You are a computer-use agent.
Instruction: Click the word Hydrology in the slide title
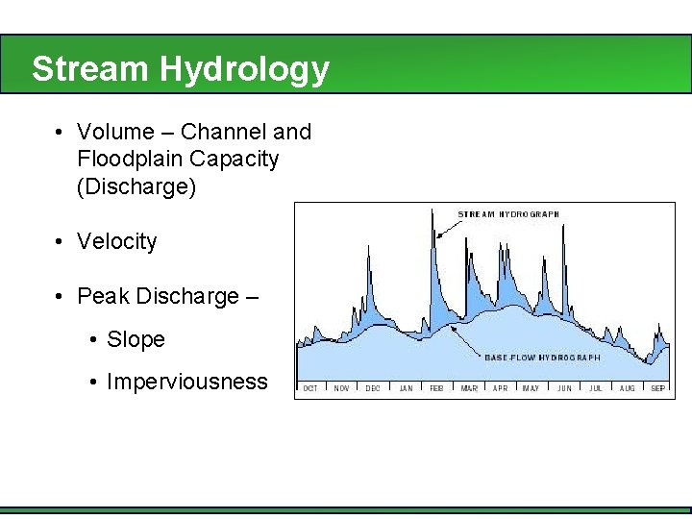(244, 69)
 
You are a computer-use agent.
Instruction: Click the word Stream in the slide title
(90, 69)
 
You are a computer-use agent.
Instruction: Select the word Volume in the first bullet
(115, 132)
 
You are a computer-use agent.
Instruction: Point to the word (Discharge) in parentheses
(136, 185)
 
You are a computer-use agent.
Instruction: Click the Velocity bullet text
(116, 241)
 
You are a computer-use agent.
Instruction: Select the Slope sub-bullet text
(136, 339)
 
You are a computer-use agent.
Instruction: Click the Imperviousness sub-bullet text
(187, 382)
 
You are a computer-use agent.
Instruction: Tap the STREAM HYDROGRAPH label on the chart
(508, 214)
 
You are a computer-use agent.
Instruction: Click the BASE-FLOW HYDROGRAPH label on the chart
(542, 358)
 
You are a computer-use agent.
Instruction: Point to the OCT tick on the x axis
(310, 388)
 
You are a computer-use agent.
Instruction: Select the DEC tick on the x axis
(373, 388)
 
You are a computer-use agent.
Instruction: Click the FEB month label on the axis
(436, 388)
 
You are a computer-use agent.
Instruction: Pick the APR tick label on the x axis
(500, 388)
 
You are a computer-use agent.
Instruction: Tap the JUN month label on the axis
(564, 388)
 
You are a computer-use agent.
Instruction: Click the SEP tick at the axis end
(657, 388)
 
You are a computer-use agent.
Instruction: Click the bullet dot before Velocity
(60, 241)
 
